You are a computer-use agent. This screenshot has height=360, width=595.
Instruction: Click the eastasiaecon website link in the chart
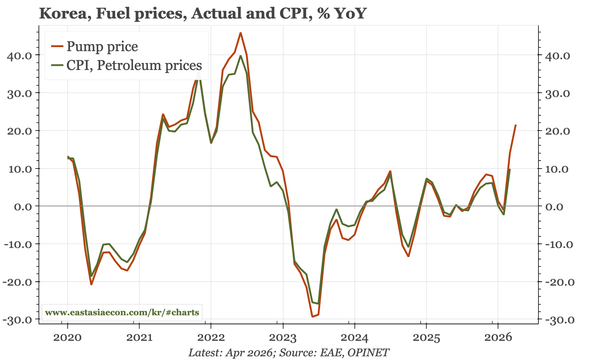pos(122,313)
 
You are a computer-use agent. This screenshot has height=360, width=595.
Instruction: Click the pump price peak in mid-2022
pos(240,33)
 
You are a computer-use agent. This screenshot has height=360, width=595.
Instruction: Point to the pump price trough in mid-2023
pos(312,317)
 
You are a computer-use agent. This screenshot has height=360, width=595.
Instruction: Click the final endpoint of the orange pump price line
pos(516,125)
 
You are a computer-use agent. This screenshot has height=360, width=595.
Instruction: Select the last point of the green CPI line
pos(510,169)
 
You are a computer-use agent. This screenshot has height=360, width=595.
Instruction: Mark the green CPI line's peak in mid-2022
pos(240,56)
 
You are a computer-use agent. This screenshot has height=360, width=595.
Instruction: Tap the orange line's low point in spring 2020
pos(91,284)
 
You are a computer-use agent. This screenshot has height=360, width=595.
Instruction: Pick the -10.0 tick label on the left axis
pos(20,244)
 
